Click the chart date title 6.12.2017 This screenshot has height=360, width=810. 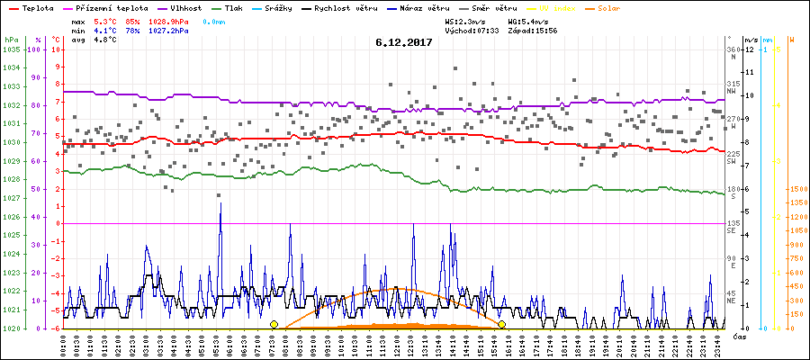click(404, 42)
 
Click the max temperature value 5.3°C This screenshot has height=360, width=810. click(105, 20)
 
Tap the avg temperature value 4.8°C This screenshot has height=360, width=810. click(105, 40)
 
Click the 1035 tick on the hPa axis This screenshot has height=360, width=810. click(11, 49)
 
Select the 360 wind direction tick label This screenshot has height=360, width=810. click(732, 49)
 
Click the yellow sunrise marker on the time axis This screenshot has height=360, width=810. click(274, 324)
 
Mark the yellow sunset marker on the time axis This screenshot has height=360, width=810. click(501, 324)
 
